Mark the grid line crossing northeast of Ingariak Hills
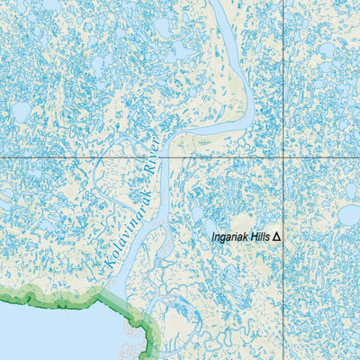coord(285,157)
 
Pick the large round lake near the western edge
coord(21,112)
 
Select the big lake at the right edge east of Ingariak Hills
coord(349,216)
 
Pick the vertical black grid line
coord(285,72)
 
